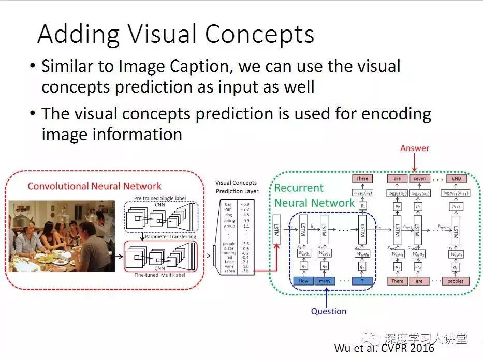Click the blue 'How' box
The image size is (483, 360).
tap(303, 281)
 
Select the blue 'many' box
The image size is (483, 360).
tap(325, 281)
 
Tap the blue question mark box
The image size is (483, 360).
tap(362, 281)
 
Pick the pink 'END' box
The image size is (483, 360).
tap(456, 179)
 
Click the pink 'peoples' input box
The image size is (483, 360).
tap(456, 281)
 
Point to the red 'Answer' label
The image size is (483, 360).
tap(415, 148)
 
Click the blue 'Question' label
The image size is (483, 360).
tap(328, 311)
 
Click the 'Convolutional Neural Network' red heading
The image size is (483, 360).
tap(94, 186)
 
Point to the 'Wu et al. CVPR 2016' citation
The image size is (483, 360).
tap(385, 348)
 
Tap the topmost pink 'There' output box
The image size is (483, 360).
tap(362, 179)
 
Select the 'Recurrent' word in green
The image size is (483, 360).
tap(299, 188)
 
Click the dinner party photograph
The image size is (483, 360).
tap(61, 236)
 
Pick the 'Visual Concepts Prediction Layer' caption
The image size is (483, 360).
tap(237, 187)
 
